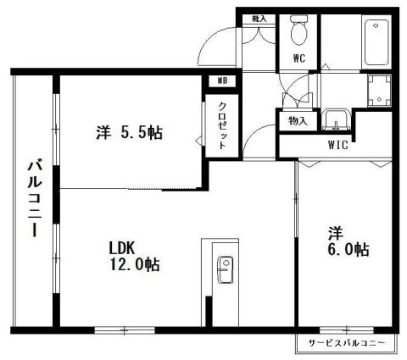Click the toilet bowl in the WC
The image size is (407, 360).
pyautogui.click(x=298, y=33)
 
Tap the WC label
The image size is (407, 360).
pyautogui.click(x=299, y=58)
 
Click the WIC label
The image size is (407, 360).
pyautogui.click(x=338, y=144)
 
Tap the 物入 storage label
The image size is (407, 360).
pyautogui.click(x=298, y=121)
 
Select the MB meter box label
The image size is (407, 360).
pyautogui.click(x=223, y=81)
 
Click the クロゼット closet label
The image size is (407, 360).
pyautogui.click(x=222, y=126)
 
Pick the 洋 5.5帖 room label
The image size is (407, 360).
pyautogui.click(x=130, y=132)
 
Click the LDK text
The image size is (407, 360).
pyautogui.click(x=122, y=247)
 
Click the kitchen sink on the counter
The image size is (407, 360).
pyautogui.click(x=226, y=271)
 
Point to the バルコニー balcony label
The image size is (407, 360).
pyautogui.click(x=35, y=198)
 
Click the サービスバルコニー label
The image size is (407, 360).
pyautogui.click(x=346, y=343)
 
